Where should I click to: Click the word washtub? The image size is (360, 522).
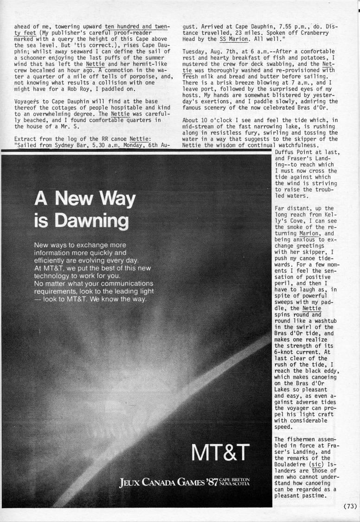tap(321, 314)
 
